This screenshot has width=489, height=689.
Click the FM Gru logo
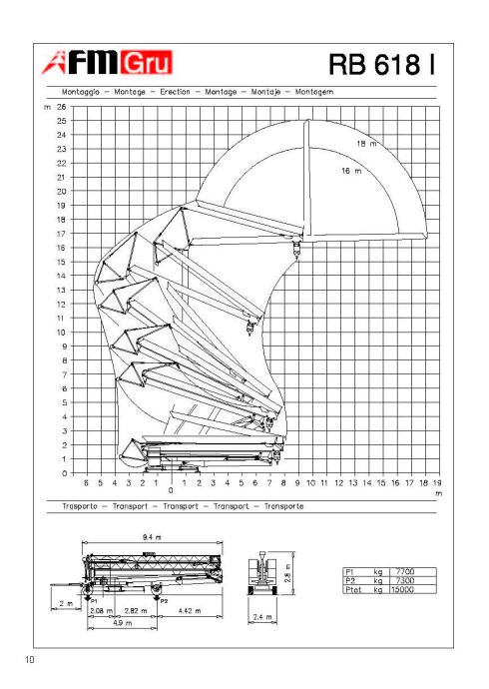pos(107,62)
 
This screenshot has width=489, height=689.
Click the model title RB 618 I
pos(382,64)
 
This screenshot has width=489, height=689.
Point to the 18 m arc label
pos(366,143)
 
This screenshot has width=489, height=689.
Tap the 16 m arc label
pos(351,171)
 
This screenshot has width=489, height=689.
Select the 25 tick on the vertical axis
pos(61,121)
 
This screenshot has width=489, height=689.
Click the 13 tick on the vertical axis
pos(61,290)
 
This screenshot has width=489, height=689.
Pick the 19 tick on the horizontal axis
pos(437,483)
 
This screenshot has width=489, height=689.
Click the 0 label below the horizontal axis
pos(171,490)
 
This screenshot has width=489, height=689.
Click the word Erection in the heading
pos(175,92)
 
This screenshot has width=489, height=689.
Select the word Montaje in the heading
pos(265,92)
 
